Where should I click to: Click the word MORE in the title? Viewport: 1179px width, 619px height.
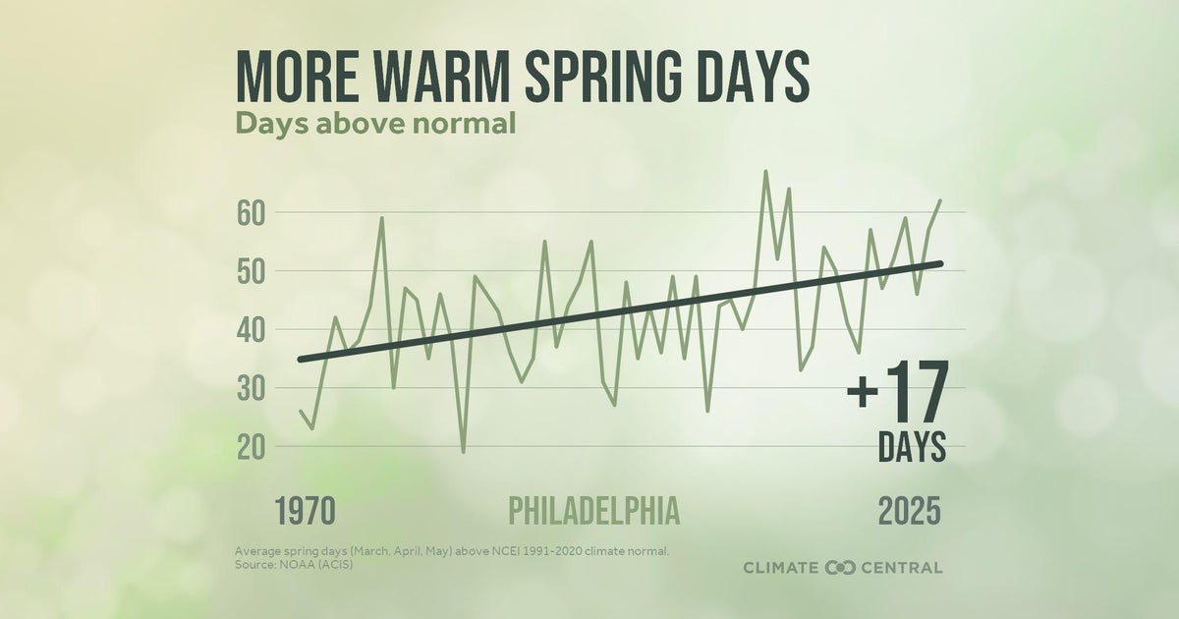point(299,75)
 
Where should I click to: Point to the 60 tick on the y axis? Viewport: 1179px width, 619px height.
point(251,212)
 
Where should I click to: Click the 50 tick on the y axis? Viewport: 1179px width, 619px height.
point(251,271)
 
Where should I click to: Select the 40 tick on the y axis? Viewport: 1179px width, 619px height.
point(251,330)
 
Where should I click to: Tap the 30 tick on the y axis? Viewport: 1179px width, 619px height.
point(251,389)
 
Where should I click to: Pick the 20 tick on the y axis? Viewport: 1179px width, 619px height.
point(251,447)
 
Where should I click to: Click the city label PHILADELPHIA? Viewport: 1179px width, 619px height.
point(593,511)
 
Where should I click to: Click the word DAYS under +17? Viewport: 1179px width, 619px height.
point(912,447)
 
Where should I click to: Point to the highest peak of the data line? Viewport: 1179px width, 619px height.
point(765,172)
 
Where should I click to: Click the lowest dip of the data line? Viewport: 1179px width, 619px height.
point(463,451)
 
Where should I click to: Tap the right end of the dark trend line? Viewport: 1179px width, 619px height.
point(940,263)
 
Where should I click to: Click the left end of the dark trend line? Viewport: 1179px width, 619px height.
point(301,360)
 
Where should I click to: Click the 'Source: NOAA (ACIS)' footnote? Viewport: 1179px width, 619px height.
point(293,564)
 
